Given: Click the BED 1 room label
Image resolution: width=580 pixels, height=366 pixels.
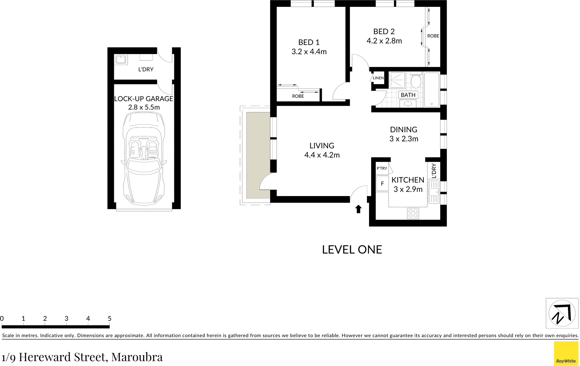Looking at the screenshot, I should click(309, 42).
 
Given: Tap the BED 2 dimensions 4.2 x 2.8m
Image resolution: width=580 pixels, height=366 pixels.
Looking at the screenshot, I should click(384, 41).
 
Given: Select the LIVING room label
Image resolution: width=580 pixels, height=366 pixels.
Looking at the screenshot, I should click(322, 146).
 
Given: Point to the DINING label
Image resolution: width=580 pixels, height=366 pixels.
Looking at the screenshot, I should click(403, 129).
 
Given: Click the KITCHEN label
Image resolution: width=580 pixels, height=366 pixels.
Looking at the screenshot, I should click(407, 180).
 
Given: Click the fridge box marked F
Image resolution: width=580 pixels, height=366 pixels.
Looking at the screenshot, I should click(382, 184).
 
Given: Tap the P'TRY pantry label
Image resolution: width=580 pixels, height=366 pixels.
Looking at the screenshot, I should click(382, 169).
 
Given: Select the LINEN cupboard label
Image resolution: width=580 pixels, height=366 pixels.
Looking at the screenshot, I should click(378, 78).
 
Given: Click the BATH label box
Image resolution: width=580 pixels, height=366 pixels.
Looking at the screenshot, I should click(408, 95).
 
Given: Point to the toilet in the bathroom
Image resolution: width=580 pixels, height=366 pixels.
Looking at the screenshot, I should click(415, 82).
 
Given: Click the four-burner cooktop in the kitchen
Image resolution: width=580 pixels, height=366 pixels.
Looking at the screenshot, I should click(413, 213).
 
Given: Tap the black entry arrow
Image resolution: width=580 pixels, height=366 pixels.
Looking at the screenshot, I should click(358, 209).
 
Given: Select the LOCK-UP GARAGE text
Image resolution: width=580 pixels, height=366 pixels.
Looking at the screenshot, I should click(144, 99).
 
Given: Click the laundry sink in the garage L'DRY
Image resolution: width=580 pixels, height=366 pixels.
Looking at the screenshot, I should click(120, 59).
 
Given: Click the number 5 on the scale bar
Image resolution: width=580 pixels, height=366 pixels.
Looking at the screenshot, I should click(109, 319).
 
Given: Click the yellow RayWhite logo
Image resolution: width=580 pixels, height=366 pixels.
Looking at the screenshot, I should click(566, 353).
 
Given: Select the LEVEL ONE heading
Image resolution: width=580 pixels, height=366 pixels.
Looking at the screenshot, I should click(352, 250).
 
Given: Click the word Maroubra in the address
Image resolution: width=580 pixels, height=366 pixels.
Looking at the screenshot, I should click(137, 357).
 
